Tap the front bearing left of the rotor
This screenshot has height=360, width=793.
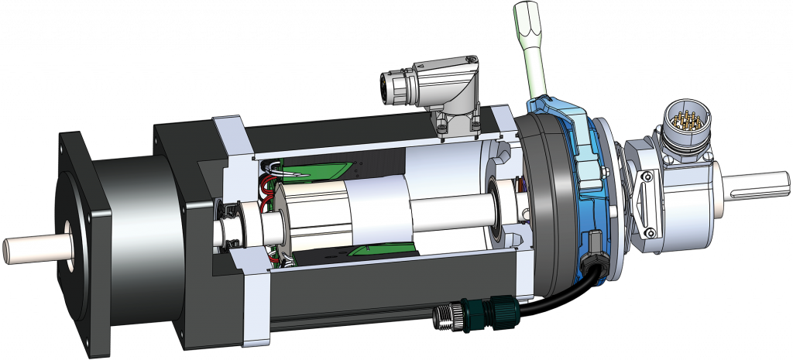231,225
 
